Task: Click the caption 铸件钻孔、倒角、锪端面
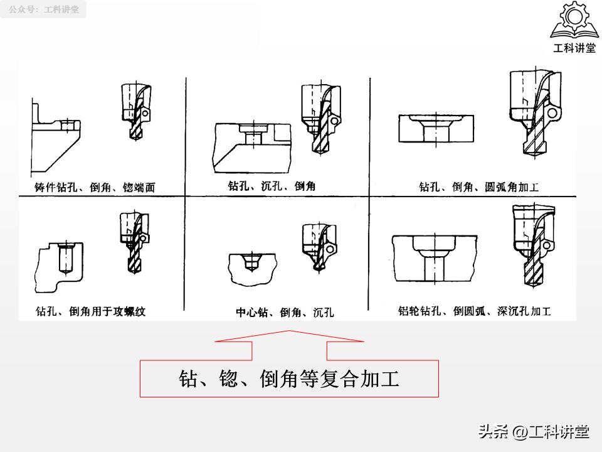click(x=95, y=187)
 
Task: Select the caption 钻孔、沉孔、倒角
click(x=271, y=186)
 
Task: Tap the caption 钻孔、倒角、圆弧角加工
click(x=478, y=187)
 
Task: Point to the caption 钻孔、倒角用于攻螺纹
click(x=90, y=311)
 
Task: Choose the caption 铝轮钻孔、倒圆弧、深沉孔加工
click(x=474, y=311)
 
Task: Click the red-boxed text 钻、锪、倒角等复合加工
click(x=289, y=379)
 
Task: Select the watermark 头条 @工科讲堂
click(x=534, y=431)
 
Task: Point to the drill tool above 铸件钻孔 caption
click(x=135, y=113)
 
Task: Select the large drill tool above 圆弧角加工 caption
click(x=533, y=113)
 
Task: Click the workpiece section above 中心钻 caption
click(x=251, y=267)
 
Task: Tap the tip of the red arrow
click(x=289, y=331)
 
